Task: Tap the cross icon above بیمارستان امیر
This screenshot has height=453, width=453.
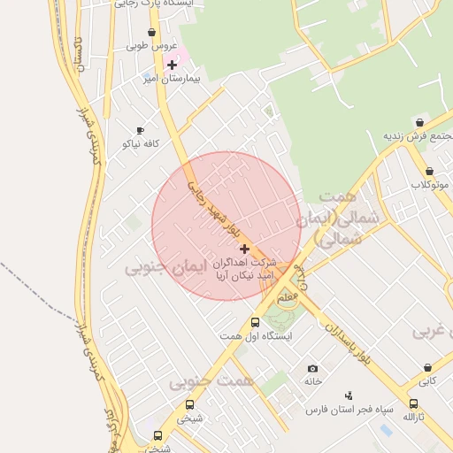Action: pos(172,65)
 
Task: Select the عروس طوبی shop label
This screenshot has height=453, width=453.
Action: pos(152,46)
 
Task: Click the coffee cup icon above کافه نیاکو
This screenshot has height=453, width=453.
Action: pos(140,130)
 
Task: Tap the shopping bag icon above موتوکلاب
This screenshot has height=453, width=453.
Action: pos(429,172)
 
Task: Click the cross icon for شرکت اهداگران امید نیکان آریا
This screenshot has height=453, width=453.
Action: pos(244,249)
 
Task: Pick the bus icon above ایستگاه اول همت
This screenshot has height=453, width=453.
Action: pos(256,323)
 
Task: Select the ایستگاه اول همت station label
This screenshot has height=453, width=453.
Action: pos(256,336)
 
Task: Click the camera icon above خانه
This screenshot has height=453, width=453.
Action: pos(311,368)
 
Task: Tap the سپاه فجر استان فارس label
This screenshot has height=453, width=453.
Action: pos(349,410)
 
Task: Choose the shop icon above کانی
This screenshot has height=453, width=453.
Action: pos(428,368)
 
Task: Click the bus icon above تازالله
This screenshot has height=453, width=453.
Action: pos(413,403)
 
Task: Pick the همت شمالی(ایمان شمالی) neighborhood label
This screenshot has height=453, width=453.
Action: pos(328,218)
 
